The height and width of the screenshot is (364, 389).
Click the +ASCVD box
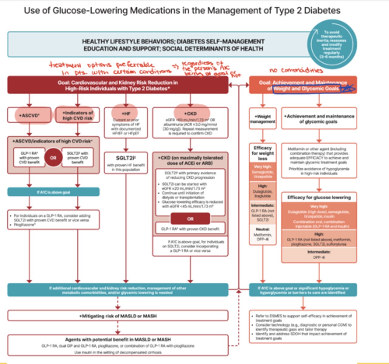[x=29, y=115]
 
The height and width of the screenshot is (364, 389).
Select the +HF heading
[x=126, y=113]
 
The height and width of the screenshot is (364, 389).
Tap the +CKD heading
[x=190, y=113]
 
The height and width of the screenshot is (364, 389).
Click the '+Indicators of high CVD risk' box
[x=77, y=115]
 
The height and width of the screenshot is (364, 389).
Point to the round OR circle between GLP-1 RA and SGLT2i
[x=53, y=158]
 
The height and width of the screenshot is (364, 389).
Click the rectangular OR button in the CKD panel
[x=190, y=219]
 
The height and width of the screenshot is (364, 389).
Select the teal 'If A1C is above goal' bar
[x=53, y=192]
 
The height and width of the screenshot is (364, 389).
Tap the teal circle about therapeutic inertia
[x=332, y=44]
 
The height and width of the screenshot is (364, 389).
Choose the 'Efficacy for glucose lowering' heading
[x=319, y=197]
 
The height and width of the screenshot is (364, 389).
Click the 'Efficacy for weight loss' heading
[x=262, y=153]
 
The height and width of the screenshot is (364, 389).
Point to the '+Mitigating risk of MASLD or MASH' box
[x=118, y=316]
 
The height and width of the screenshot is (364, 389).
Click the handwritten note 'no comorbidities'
[x=296, y=70]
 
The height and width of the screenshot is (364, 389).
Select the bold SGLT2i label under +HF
[x=126, y=158]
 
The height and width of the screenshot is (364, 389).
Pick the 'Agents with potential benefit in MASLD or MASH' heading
[x=118, y=339]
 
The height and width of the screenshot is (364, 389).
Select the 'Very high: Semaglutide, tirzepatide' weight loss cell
[x=262, y=172]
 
